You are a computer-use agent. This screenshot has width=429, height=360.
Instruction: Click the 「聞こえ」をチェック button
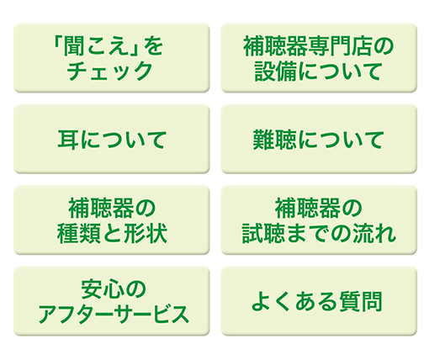pos(112,57)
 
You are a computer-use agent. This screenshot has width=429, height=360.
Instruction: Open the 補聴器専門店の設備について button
pos(319,57)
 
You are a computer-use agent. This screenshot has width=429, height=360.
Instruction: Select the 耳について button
pos(112,139)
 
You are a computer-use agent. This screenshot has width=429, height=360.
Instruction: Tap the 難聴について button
pos(319,139)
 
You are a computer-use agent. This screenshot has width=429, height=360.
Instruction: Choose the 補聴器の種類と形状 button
pos(112,220)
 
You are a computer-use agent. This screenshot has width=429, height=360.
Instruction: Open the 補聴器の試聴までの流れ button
pos(319,220)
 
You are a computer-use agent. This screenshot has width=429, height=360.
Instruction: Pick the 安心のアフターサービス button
pos(112,301)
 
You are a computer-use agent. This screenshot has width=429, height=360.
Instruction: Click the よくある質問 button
pos(319,301)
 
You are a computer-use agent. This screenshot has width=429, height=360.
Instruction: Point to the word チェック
pos(110,71)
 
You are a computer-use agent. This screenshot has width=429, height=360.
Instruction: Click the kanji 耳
pos(68,140)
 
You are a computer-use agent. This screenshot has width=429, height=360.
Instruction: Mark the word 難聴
pos(274,140)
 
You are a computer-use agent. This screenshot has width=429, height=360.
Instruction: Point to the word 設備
pos(275,71)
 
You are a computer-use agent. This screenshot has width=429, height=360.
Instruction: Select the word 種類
pos(78,233)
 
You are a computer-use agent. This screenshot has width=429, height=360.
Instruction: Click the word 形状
pos(146,233)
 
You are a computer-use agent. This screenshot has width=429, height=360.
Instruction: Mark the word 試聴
pos(263,233)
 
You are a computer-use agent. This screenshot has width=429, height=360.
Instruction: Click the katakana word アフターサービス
pos(114,315)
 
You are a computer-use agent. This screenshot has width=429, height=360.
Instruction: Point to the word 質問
pos(361,302)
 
